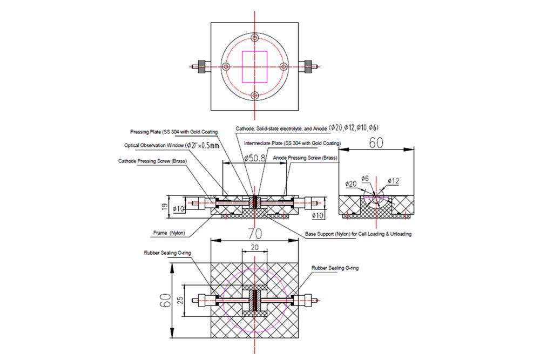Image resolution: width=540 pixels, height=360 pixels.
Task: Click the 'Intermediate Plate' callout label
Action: tap(292, 144)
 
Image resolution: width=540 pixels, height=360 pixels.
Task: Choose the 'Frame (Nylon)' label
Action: tap(169, 233)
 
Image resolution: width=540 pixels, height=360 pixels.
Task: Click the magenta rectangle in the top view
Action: tap(255, 66)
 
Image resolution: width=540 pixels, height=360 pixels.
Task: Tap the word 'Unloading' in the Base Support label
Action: tap(398, 234)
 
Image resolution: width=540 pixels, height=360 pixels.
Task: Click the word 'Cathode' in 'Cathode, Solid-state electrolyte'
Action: tap(246, 128)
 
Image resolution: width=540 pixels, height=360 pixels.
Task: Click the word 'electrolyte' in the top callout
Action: tap(297, 128)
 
